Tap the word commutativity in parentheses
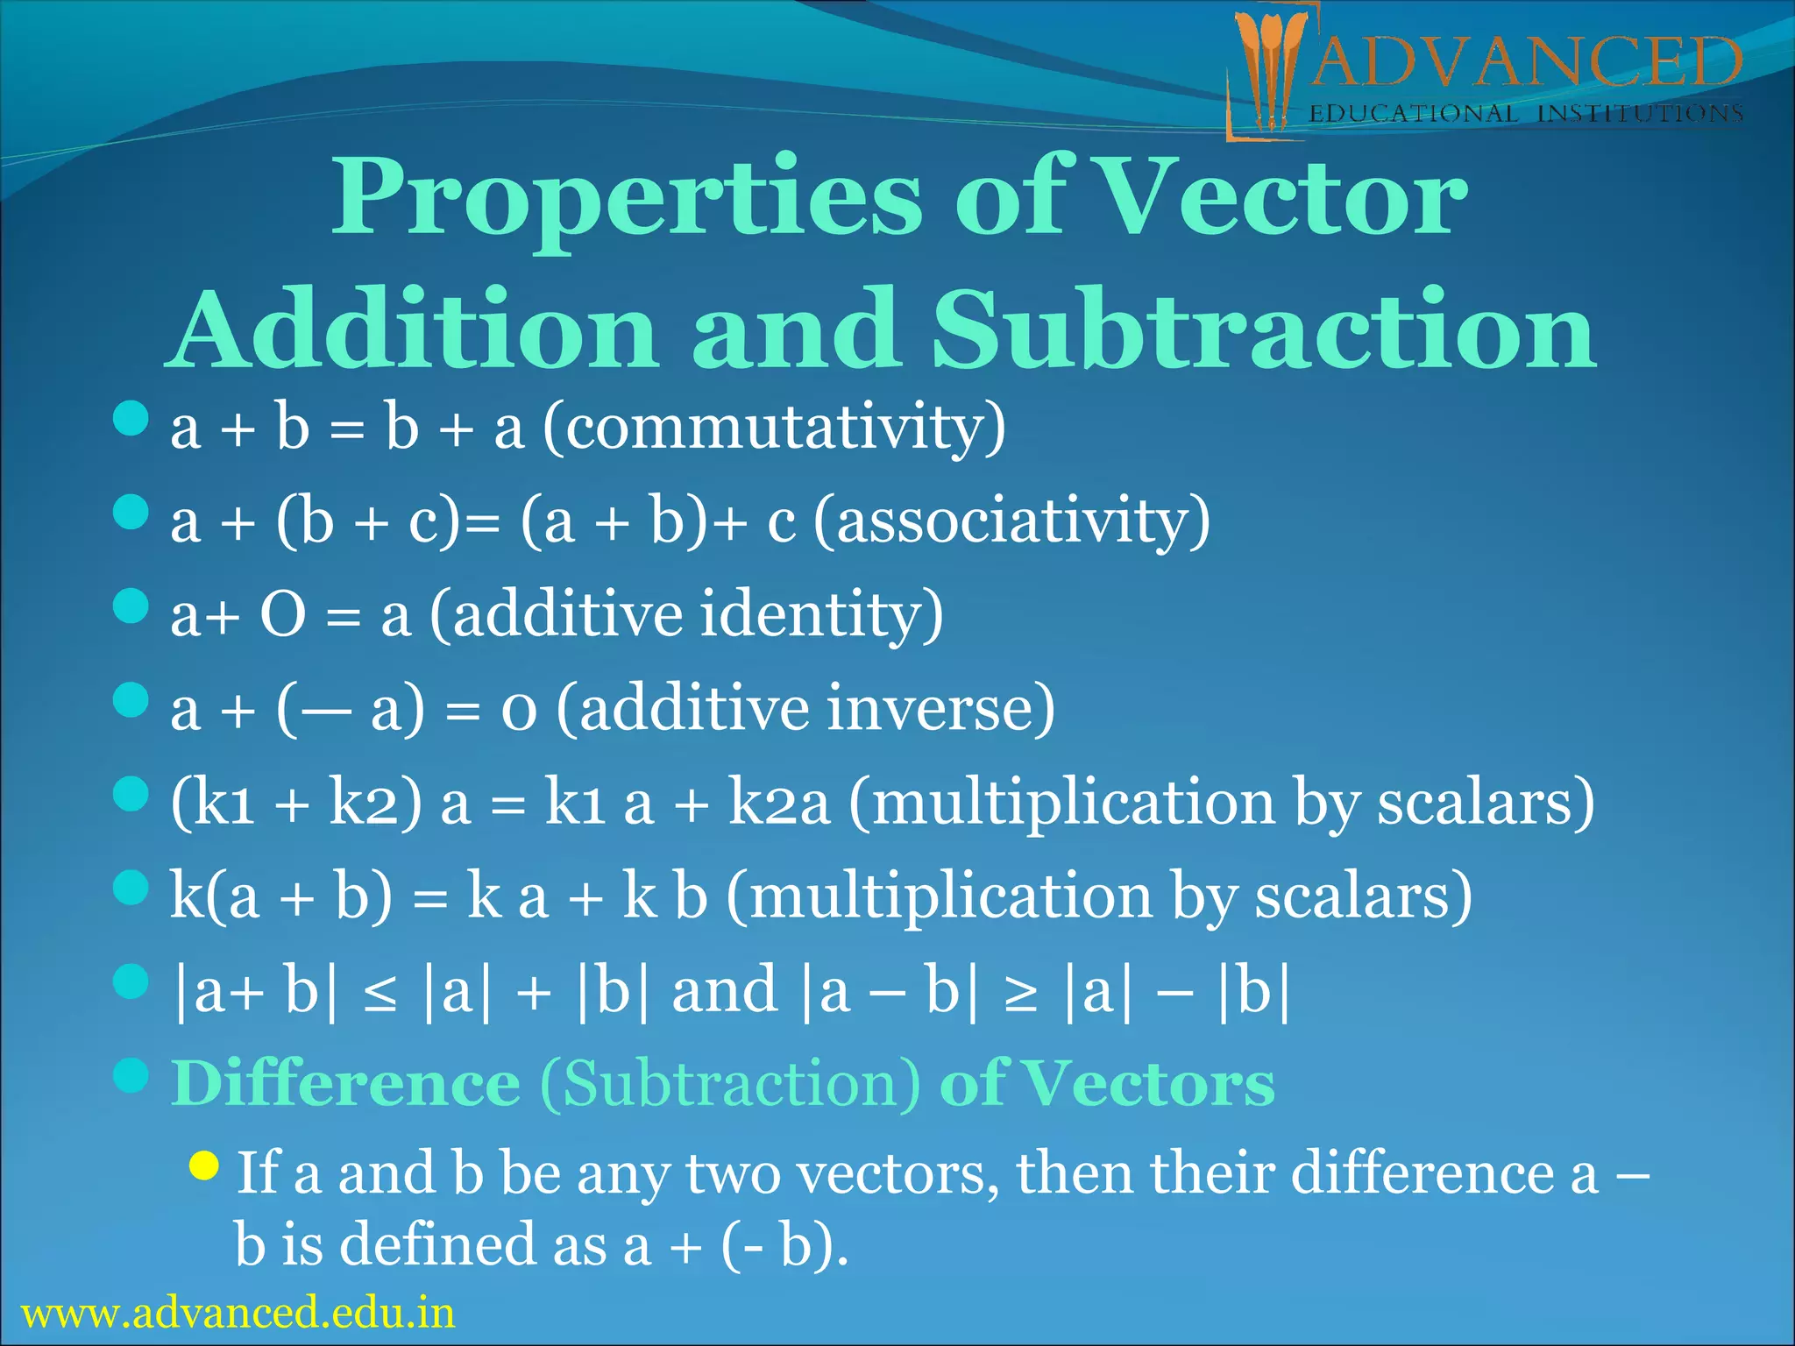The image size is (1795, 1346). coord(775,429)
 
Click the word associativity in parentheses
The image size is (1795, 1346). coord(1011,521)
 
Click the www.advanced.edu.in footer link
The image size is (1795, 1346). coord(238,1313)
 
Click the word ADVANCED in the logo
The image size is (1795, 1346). coord(1525,63)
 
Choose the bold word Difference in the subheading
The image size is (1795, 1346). coord(346,1085)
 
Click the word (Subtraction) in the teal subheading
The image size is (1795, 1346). coord(730,1085)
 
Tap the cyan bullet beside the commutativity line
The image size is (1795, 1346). coord(131,419)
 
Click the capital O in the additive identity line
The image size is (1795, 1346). coord(283,615)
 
